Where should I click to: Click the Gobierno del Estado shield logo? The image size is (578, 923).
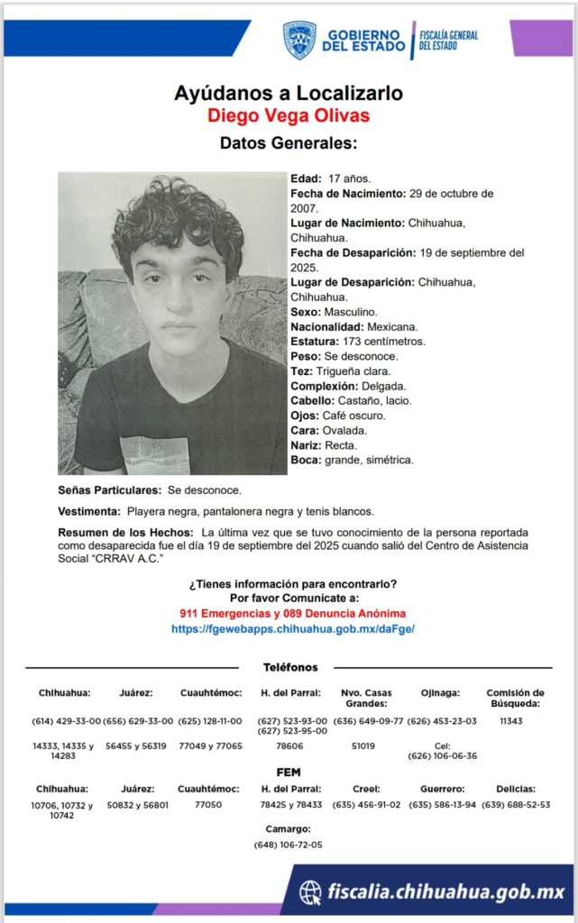(x=299, y=41)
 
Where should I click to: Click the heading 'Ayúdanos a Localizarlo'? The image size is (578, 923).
(x=289, y=94)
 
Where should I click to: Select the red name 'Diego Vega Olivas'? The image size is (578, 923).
(x=289, y=116)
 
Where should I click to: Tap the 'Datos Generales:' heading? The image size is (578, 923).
(x=289, y=143)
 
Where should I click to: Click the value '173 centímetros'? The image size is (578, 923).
(x=384, y=342)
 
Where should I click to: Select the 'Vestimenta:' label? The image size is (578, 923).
(x=89, y=511)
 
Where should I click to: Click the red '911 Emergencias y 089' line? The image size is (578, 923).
(x=292, y=613)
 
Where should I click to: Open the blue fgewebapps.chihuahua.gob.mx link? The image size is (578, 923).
(x=293, y=628)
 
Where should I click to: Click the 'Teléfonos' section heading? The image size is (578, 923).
(x=290, y=667)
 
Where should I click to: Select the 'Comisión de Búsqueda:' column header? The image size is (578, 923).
(x=514, y=698)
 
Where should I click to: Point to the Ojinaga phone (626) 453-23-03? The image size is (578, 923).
(x=442, y=721)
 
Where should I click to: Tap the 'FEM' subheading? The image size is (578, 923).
(x=289, y=772)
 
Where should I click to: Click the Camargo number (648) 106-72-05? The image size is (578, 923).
(x=289, y=845)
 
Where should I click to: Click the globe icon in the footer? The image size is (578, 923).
(x=310, y=892)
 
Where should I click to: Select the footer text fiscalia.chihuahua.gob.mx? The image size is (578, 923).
(x=445, y=892)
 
